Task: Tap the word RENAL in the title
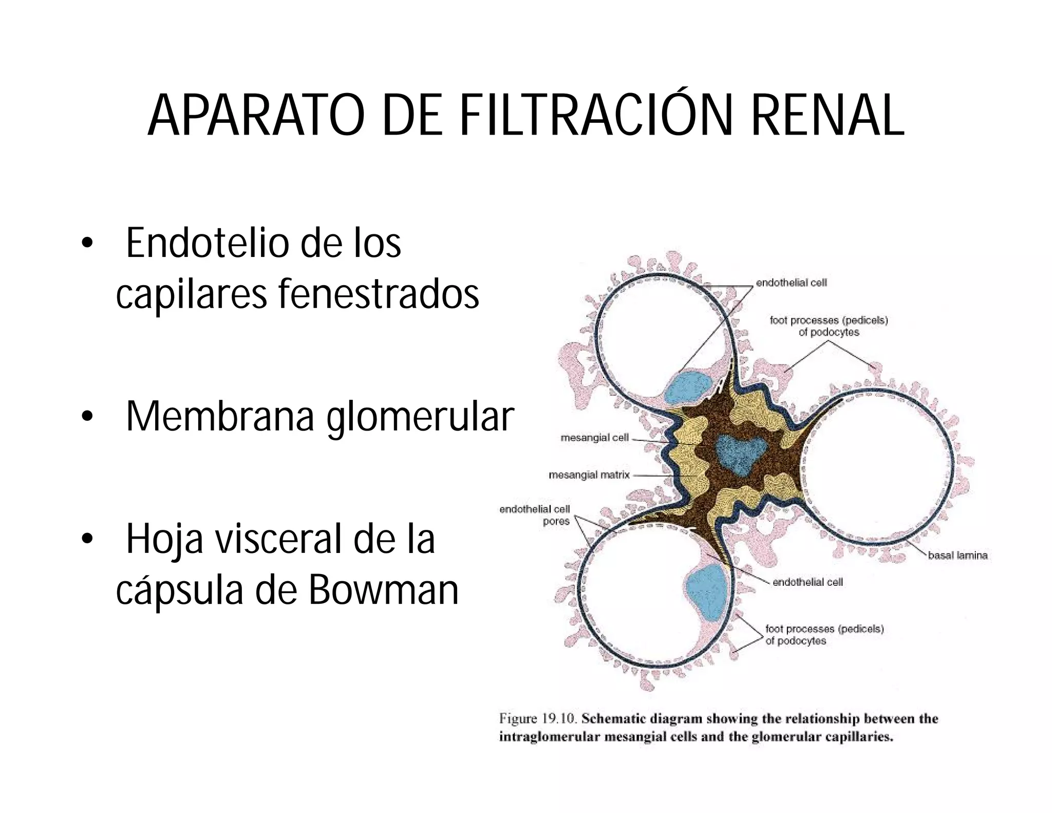[x=827, y=116]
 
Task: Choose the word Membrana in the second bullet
[x=220, y=416]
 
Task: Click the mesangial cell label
[x=595, y=438]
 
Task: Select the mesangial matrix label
[x=589, y=475]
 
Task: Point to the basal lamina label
[x=957, y=555]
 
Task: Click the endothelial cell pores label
[x=535, y=515]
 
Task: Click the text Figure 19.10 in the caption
[x=536, y=718]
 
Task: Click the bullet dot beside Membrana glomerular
[x=88, y=416]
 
